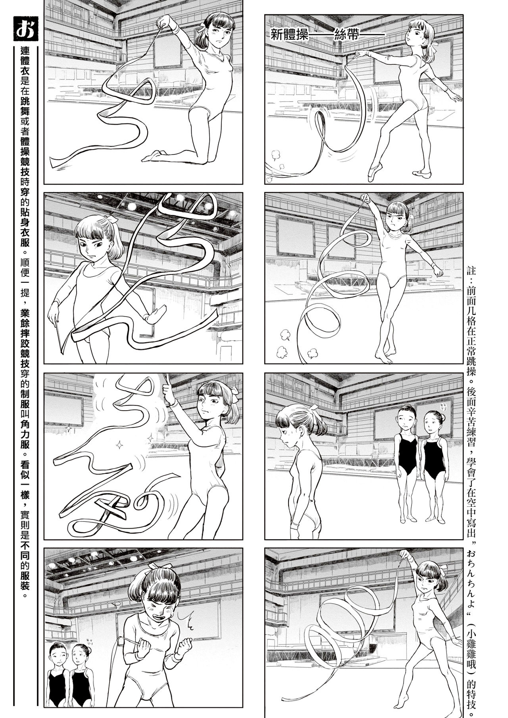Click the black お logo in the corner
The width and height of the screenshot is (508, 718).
(25, 29)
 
